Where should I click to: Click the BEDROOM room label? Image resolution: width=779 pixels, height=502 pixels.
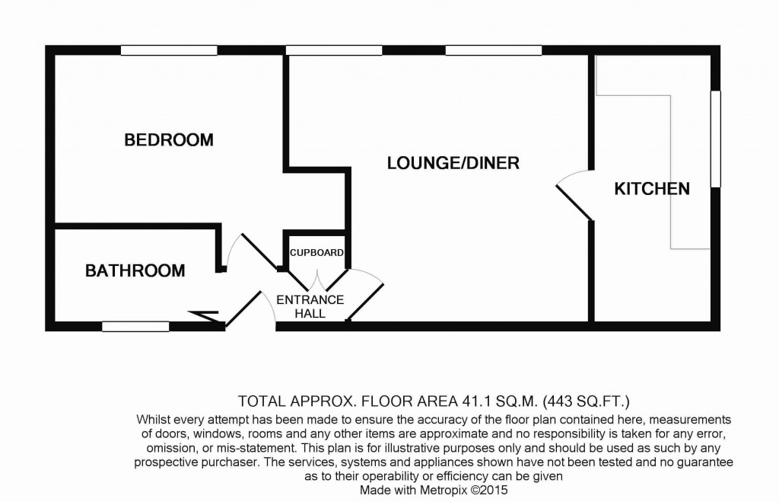pyautogui.click(x=169, y=140)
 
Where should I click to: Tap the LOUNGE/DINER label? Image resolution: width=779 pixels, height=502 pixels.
pyautogui.click(x=453, y=163)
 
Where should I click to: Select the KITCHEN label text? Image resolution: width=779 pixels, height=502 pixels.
pyautogui.click(x=652, y=189)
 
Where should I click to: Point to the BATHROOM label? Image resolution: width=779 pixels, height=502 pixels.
pyautogui.click(x=135, y=270)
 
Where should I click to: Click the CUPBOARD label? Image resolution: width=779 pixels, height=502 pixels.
pyautogui.click(x=316, y=253)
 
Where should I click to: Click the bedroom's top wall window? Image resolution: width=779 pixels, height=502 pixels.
pyautogui.click(x=169, y=50)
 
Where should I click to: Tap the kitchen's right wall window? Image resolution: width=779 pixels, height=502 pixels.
pyautogui.click(x=715, y=139)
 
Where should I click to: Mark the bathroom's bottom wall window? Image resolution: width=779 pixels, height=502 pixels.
pyautogui.click(x=135, y=327)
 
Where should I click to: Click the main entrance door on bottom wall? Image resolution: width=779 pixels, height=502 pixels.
pyautogui.click(x=251, y=309)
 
